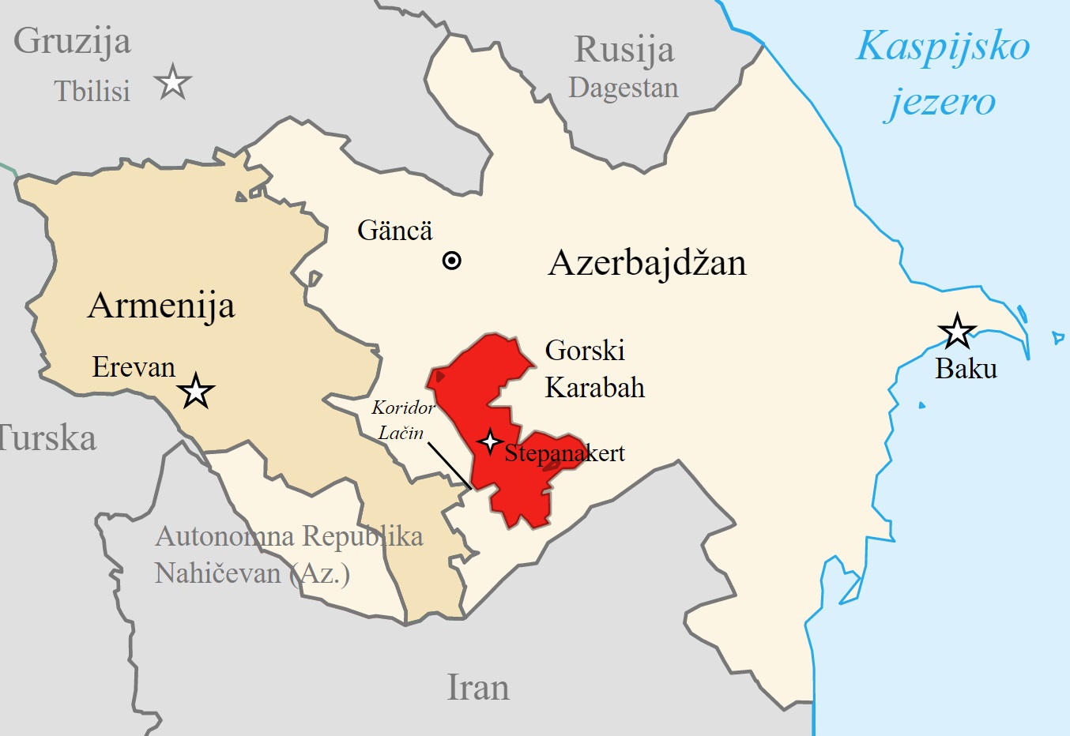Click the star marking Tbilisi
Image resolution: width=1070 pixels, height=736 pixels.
172,82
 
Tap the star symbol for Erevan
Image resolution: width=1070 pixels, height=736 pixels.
195,391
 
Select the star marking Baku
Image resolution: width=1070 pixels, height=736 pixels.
957,332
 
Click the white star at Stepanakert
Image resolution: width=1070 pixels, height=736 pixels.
490,441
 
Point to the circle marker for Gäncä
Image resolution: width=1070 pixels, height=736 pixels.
451,261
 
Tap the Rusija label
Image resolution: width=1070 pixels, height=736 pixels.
624,51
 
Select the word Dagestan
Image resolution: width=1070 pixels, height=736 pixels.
623,88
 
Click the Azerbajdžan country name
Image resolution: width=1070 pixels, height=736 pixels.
646,263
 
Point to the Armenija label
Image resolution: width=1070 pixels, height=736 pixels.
161,306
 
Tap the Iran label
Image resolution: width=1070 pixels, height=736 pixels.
478,687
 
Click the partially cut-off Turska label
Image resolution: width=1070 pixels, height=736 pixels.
47,438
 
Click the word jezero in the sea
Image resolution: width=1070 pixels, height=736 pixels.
940,102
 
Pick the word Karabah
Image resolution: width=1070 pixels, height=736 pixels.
594,388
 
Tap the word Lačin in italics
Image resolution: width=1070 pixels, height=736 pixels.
401,433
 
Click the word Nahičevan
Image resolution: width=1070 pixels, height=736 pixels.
217,573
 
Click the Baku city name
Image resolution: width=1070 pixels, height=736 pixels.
966,369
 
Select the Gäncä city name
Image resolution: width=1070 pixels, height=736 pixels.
394,231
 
